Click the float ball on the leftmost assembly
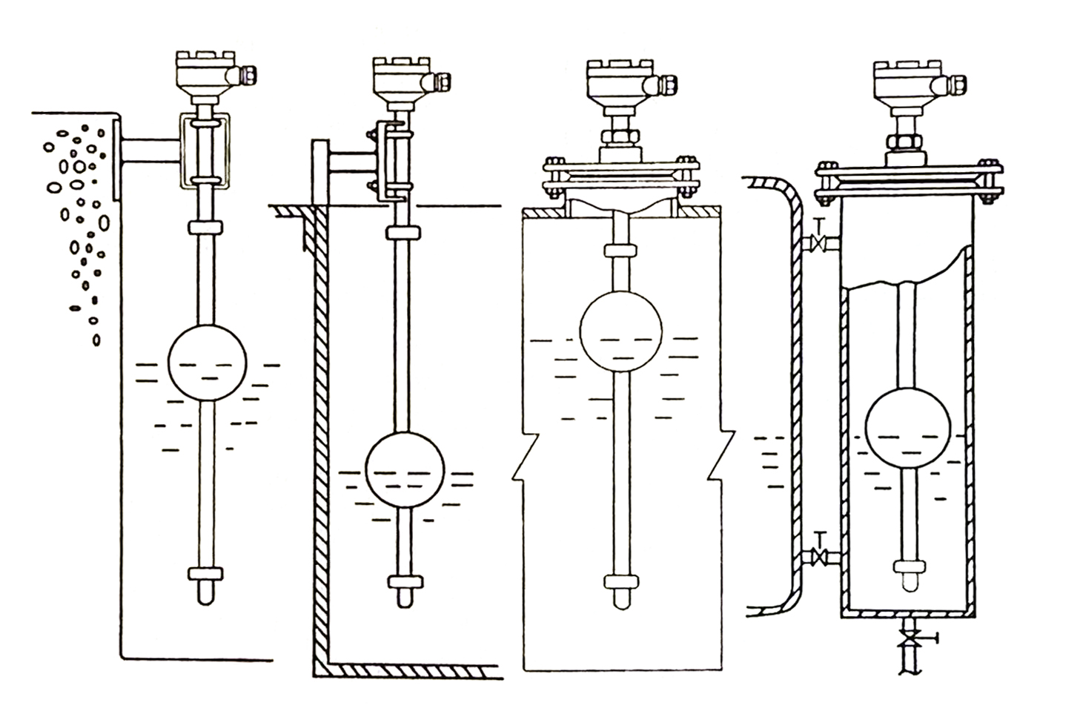[207, 363]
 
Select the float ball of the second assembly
[404, 469]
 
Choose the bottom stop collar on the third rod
[620, 580]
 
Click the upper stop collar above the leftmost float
[206, 226]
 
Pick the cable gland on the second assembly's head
[443, 82]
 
